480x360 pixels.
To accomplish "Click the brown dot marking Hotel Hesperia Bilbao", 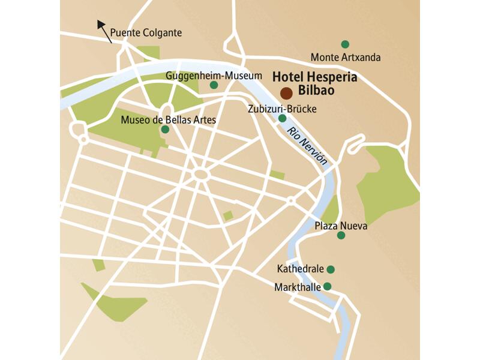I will pyautogui.click(x=286, y=93).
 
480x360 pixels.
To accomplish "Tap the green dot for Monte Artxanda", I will pyautogui.click(x=345, y=44).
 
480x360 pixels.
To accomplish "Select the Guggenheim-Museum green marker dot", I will pyautogui.click(x=214, y=85).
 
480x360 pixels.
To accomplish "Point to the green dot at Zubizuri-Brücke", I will pyautogui.click(x=283, y=118).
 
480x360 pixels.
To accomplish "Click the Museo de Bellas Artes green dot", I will pyautogui.click(x=165, y=129).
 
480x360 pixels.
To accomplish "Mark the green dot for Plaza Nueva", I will pyautogui.click(x=341, y=235).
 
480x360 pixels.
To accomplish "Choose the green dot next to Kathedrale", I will pyautogui.click(x=330, y=269).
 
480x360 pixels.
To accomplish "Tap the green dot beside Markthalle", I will pyautogui.click(x=327, y=286).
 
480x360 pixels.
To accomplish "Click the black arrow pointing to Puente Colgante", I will pyautogui.click(x=104, y=31).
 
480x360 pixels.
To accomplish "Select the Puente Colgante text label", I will pyautogui.click(x=146, y=33).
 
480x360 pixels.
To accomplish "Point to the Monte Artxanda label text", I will pyautogui.click(x=345, y=58).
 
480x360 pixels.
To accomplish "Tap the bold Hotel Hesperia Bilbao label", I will pyautogui.click(x=315, y=83).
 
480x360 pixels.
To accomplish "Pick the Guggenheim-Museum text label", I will pyautogui.click(x=214, y=76).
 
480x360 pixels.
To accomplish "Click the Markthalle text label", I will pyautogui.click(x=297, y=287).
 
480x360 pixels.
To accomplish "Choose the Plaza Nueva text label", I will pyautogui.click(x=340, y=226).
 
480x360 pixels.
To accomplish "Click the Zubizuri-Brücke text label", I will pyautogui.click(x=281, y=109).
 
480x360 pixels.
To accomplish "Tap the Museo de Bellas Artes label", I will pyautogui.click(x=168, y=119).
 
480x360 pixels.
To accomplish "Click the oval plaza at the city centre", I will pyautogui.click(x=200, y=174).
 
